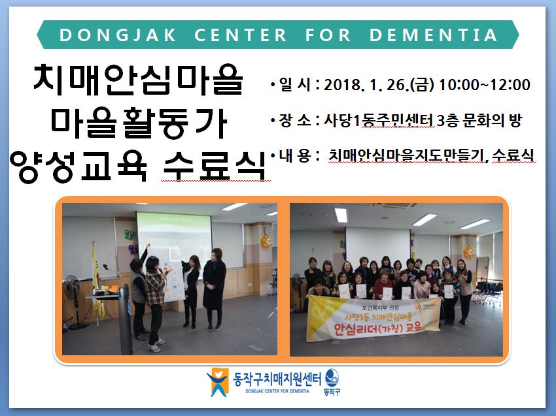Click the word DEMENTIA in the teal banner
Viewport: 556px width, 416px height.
433,35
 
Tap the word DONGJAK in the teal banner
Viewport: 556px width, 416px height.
118,35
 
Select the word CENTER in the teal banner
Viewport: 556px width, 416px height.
241,35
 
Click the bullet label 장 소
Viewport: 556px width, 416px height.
295,120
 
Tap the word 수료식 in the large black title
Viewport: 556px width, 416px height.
215,166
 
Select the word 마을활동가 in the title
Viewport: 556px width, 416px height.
139,123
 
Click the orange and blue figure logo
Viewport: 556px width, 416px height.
217,381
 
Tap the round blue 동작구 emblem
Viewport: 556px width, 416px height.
332,378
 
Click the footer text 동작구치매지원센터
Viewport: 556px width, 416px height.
277,379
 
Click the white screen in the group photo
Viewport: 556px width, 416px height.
378,246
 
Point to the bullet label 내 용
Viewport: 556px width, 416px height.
295,156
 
